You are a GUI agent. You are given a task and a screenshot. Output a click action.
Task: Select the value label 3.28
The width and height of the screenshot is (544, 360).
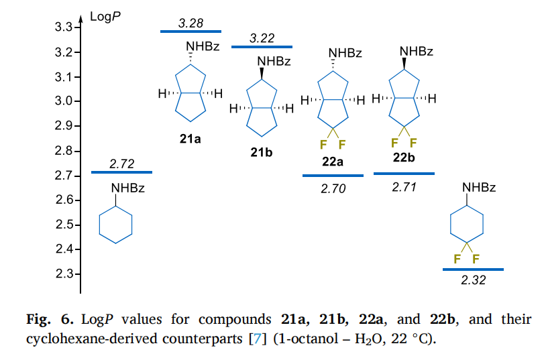191,24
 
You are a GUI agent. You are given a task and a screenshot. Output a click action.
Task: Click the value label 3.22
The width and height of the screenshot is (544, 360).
262,40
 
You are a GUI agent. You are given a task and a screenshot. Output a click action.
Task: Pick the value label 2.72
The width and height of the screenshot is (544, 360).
121,164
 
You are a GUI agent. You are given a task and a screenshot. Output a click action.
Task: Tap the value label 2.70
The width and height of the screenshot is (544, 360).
333,189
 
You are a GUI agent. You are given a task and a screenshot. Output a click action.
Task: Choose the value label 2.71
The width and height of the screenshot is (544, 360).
404,187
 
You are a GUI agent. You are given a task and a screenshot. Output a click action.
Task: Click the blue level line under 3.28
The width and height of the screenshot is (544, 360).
191,32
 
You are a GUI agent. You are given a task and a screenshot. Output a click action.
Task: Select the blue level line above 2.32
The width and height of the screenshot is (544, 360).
473,269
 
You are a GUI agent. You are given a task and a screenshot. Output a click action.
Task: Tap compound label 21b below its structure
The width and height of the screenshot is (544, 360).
262,154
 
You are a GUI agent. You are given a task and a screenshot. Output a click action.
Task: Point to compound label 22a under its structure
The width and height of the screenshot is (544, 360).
333,162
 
